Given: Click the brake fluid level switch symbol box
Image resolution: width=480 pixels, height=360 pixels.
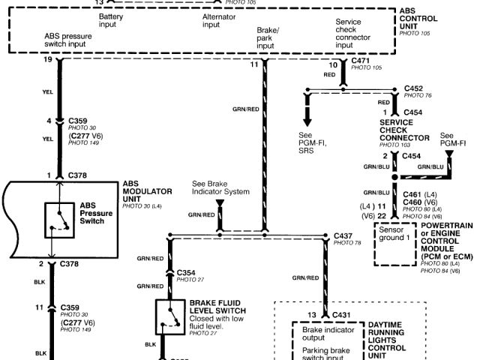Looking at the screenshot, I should click(x=171, y=318).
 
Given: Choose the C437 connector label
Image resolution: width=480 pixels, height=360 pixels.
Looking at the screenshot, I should click(x=344, y=235).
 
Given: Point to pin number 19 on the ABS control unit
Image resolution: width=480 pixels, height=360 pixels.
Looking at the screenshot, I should click(x=48, y=59).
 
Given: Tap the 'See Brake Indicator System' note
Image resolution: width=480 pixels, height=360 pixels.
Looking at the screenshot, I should click(x=220, y=187).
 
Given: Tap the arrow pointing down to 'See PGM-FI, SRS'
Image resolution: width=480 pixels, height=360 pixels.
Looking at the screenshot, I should click(x=307, y=120).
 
